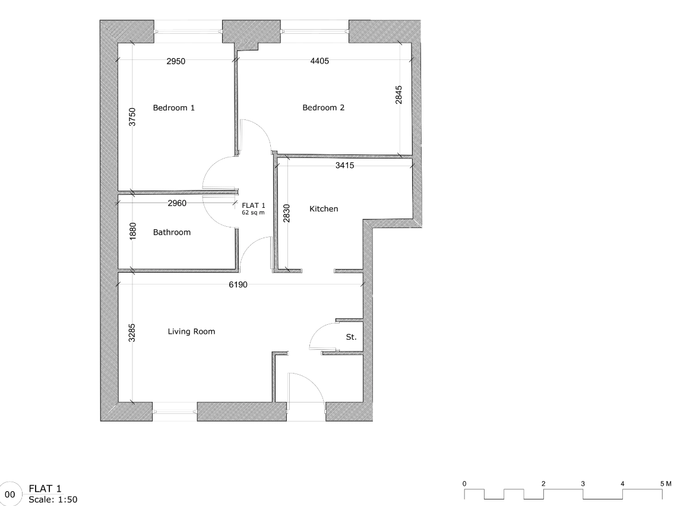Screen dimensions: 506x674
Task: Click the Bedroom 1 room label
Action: click(x=174, y=108)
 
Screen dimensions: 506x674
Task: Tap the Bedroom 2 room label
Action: click(x=324, y=108)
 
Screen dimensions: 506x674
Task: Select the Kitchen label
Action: click(x=324, y=209)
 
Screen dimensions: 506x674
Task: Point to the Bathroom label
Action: click(x=172, y=233)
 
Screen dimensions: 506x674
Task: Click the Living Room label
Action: click(x=191, y=332)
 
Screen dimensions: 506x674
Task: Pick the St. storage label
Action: click(x=351, y=337)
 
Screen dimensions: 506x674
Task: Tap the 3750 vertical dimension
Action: click(x=133, y=117)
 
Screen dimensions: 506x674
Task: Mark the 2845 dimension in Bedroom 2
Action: click(x=399, y=95)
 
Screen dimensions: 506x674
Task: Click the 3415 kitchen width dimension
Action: click(x=344, y=166)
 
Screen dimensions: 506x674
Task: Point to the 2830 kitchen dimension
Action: click(x=287, y=213)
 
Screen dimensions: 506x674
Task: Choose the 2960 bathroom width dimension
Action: click(x=177, y=204)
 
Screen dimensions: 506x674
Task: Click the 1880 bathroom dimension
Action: click(x=133, y=232)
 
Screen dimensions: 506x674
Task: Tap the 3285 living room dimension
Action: click(x=133, y=333)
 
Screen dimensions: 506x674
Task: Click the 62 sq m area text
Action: click(x=254, y=212)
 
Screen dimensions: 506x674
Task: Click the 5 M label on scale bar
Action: click(x=664, y=483)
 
